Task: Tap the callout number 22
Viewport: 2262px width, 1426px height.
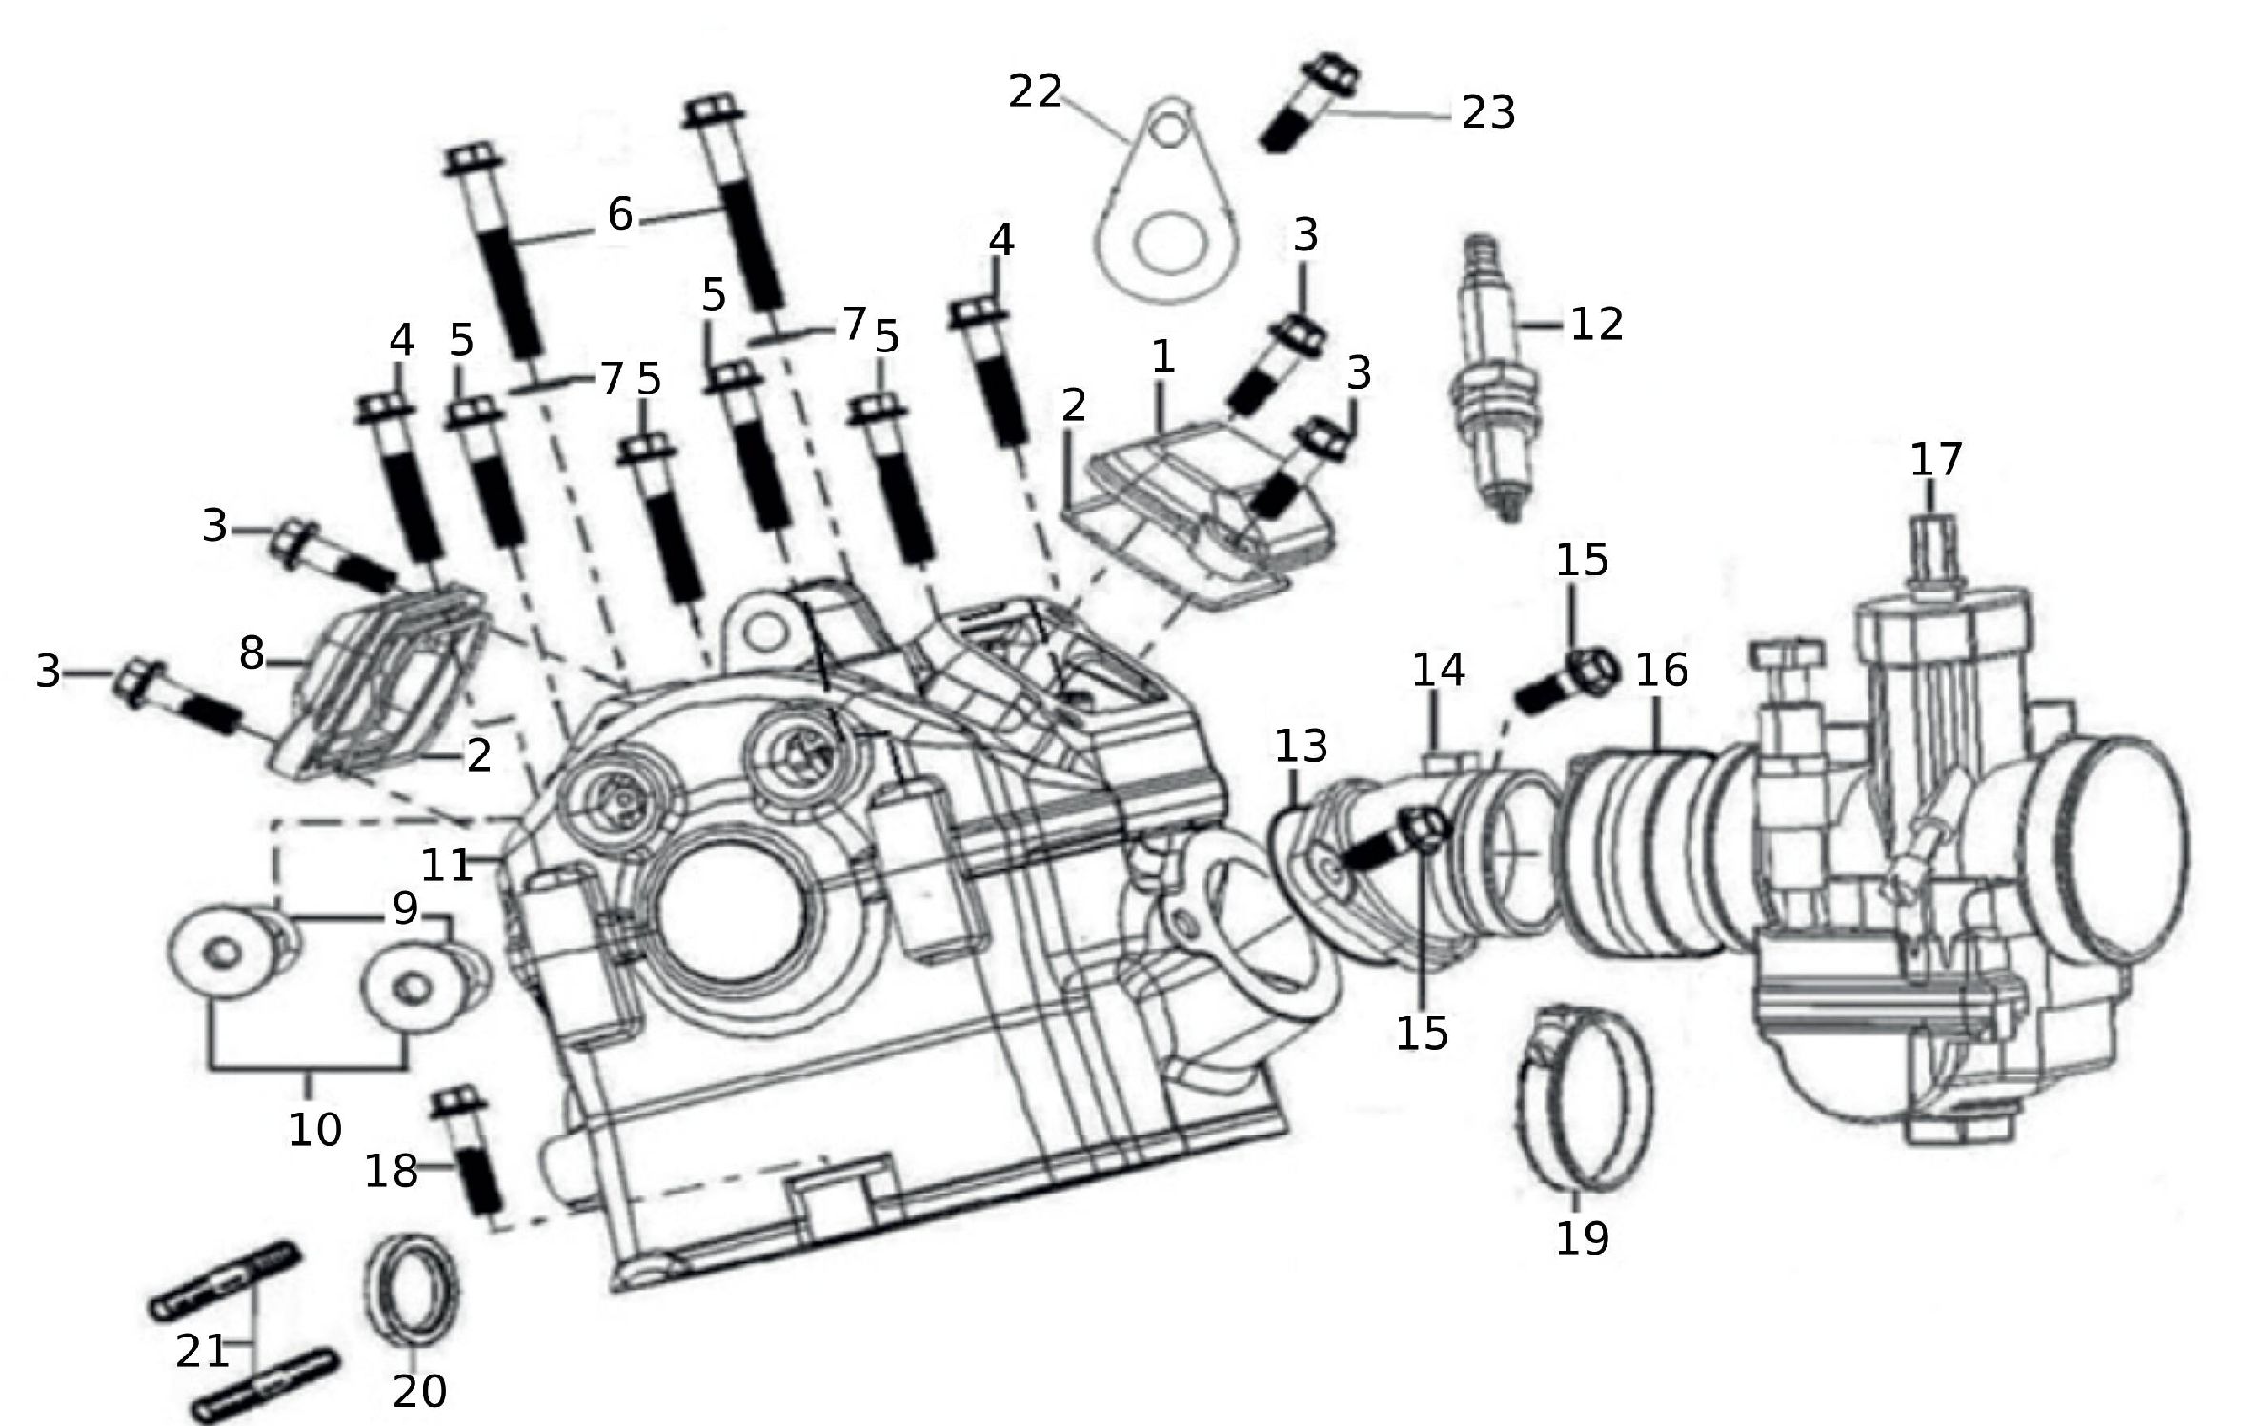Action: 1035,92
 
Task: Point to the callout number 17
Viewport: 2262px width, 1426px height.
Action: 1935,460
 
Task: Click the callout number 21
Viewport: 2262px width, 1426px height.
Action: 202,1350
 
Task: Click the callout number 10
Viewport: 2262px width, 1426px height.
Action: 315,1130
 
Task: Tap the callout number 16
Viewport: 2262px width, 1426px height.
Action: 1662,671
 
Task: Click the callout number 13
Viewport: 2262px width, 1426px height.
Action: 1302,745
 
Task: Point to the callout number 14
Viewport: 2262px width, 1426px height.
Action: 1438,671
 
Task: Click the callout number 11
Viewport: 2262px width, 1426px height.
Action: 447,865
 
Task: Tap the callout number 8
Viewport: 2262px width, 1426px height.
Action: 252,653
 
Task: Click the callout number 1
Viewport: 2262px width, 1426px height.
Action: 1162,358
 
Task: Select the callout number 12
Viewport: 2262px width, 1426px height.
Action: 1596,324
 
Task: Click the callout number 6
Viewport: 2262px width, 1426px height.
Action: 619,215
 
